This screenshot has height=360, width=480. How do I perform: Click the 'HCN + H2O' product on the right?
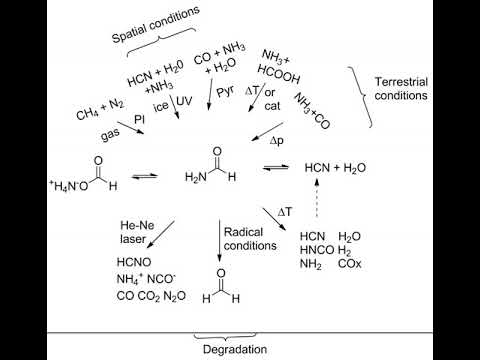coord(336,167)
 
